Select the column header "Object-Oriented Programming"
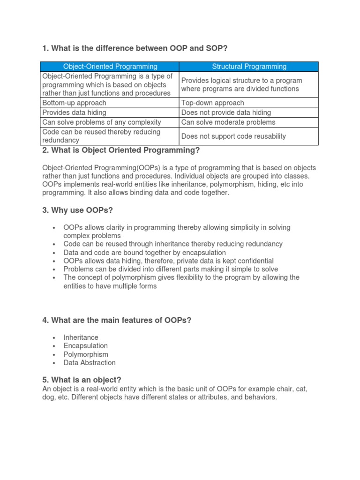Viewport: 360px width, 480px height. (110, 67)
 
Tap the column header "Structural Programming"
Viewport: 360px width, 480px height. (249, 67)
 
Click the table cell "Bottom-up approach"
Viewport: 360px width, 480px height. (75, 103)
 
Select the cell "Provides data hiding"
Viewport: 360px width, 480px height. (75, 112)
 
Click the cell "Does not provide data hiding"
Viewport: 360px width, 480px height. (226, 112)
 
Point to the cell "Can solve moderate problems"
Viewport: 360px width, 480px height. (228, 122)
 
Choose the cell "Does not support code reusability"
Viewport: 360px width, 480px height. (233, 136)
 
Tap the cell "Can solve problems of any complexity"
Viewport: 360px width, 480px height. (102, 122)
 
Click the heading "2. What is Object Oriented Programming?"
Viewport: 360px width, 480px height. (121, 150)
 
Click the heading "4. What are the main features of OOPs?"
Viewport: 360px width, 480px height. (117, 320)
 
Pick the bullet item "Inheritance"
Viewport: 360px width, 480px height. (81, 337)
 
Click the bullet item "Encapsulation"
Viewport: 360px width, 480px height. (86, 346)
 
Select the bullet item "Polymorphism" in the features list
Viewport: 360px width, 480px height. (86, 354)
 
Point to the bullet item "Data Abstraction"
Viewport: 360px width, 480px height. (90, 362)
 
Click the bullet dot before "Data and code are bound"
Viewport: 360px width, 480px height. (55, 253)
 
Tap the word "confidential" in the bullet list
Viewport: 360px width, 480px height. (255, 261)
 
